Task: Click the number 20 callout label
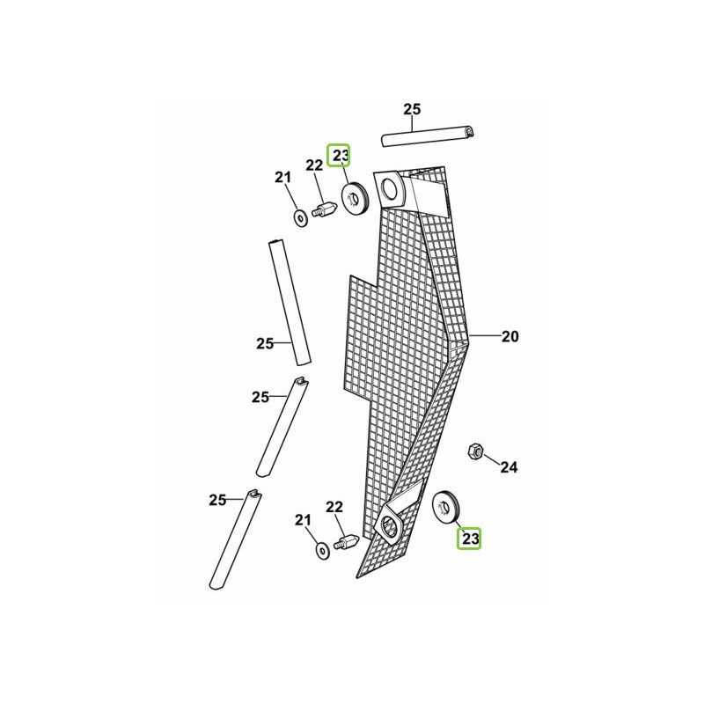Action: [x=510, y=336]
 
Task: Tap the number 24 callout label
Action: [x=509, y=467]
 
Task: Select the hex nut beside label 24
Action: [x=475, y=451]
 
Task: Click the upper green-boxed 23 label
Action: [x=339, y=156]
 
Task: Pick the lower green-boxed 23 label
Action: [x=469, y=538]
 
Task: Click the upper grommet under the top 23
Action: [x=356, y=197]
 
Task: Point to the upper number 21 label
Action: [x=282, y=178]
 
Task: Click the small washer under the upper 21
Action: [x=300, y=217]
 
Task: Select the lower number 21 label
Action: [x=303, y=521]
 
